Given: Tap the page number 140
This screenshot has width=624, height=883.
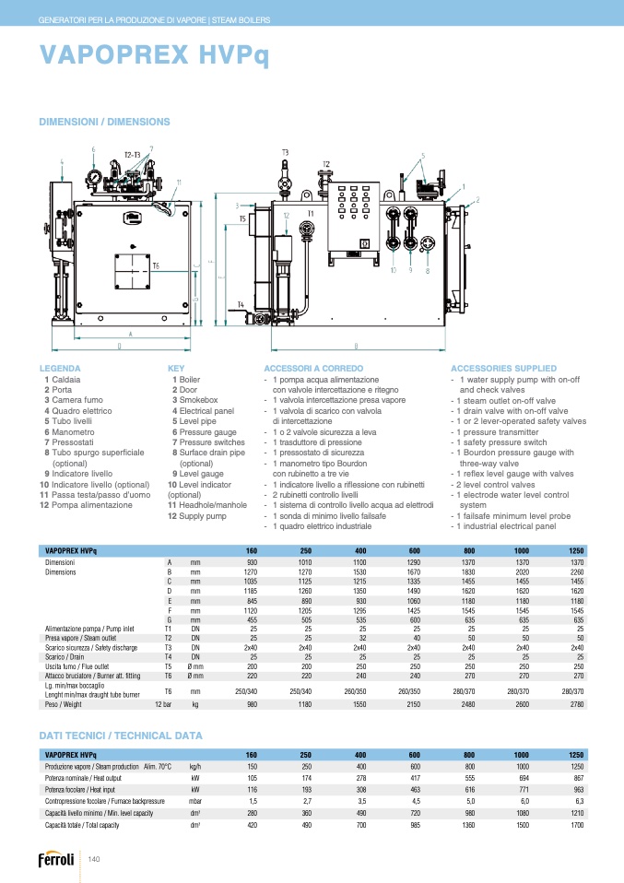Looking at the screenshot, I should point(93,859).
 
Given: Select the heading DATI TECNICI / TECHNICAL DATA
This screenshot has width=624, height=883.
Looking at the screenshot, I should point(120,736).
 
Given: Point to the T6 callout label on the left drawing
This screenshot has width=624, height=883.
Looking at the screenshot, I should point(156,265).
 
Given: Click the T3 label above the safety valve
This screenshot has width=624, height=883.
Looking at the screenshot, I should point(285,152).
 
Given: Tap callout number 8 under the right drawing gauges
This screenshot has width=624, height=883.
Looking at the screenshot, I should point(428,271).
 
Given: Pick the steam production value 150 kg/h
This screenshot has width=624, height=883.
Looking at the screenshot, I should point(252,767).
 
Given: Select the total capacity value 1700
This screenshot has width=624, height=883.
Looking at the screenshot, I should point(577,826).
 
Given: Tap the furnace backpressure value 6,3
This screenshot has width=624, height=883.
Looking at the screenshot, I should point(578,802).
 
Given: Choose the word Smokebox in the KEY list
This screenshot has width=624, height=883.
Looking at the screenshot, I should point(198,400).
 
